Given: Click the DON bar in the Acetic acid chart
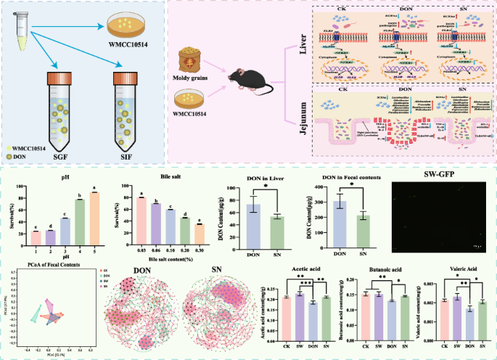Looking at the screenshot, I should tap(311, 316).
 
